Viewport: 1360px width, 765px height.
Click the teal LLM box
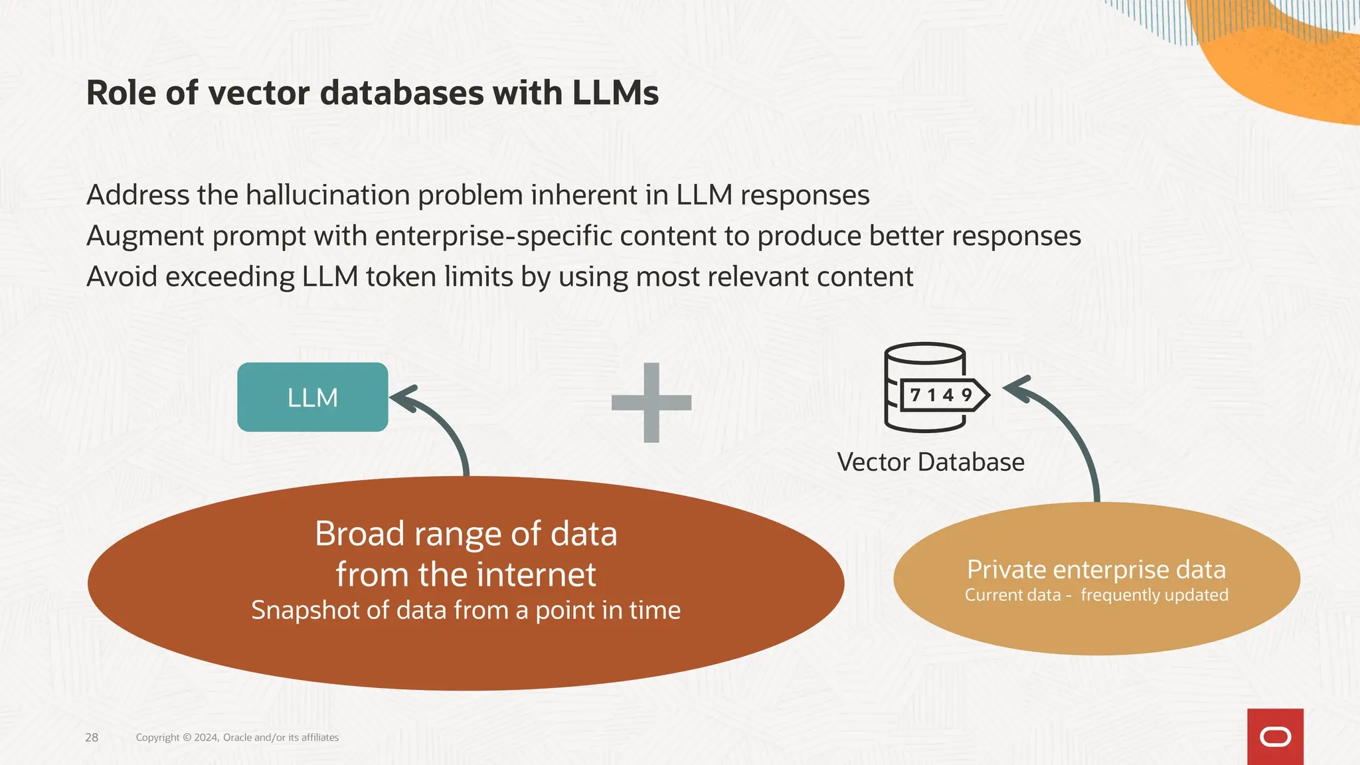(312, 397)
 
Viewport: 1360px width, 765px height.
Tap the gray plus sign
(651, 402)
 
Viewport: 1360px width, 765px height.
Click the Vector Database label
(930, 462)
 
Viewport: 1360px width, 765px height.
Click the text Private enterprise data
(1096, 570)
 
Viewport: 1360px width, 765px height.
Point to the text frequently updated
(1154, 595)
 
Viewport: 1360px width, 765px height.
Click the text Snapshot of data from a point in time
(466, 610)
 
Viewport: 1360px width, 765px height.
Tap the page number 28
(92, 738)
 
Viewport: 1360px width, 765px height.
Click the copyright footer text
(237, 738)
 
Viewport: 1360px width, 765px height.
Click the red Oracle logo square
(1275, 736)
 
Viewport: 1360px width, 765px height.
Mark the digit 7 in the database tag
(916, 395)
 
